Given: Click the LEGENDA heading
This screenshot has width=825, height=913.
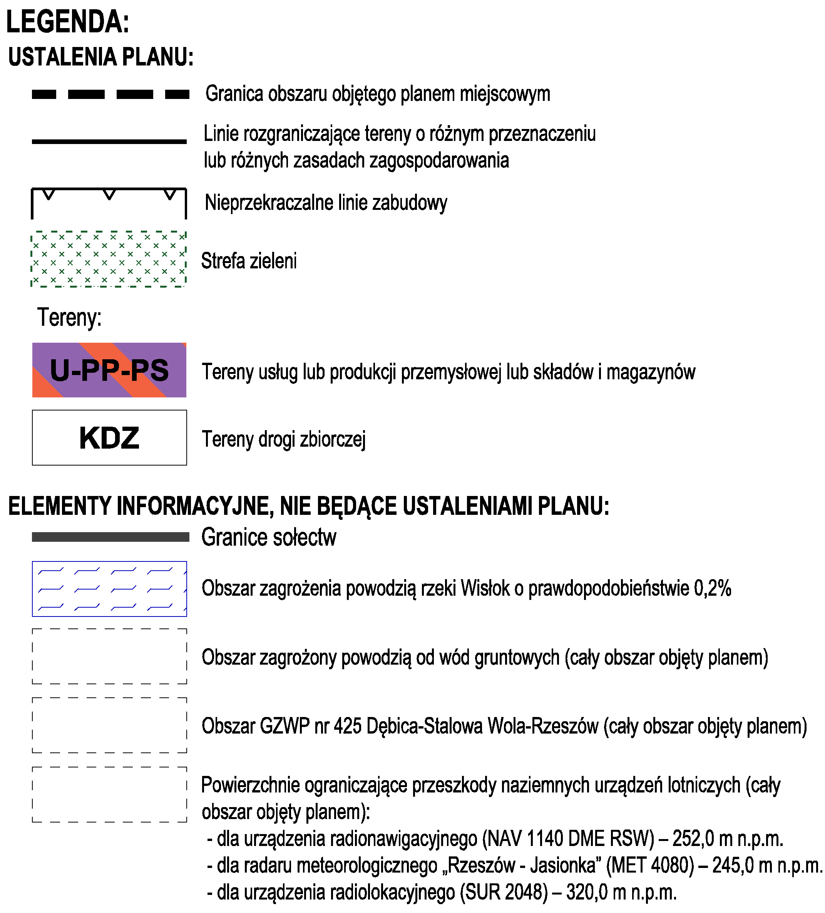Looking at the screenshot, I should [67, 22].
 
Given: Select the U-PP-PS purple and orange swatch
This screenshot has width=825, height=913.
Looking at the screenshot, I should [109, 370].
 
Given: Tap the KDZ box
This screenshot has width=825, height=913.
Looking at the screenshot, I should [109, 437].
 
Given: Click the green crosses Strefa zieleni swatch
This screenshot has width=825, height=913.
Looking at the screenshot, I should [109, 259].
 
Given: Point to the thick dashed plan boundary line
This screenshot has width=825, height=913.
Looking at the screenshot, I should [110, 94].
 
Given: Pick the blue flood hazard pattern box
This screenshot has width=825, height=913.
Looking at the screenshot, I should [109, 589].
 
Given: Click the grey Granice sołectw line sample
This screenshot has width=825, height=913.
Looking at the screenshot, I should [110, 537].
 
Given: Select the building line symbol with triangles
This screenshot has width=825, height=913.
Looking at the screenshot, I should [109, 201].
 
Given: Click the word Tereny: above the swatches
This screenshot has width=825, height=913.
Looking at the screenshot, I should [69, 317].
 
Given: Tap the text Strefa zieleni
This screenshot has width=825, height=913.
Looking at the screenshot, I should [249, 261].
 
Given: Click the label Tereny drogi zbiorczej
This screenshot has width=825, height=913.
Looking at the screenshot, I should [283, 439].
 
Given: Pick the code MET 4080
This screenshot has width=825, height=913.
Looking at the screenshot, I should [650, 866].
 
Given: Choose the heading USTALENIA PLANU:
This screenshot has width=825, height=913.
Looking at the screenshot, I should [101, 57].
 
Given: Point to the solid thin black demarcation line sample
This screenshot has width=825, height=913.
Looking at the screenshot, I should [109, 142].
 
